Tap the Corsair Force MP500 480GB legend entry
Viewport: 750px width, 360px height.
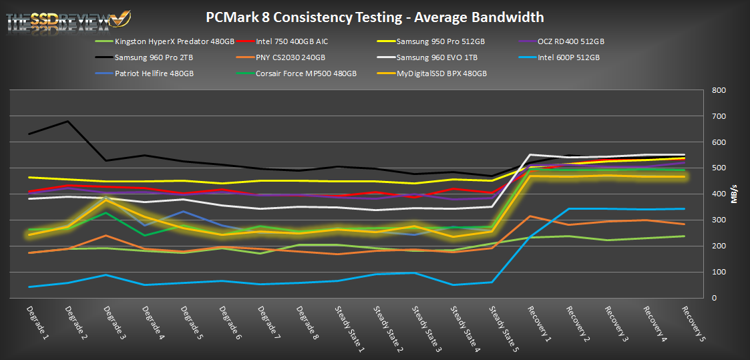point(307,73)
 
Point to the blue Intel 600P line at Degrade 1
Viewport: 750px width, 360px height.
point(30,287)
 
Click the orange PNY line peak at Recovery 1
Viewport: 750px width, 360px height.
point(530,216)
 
